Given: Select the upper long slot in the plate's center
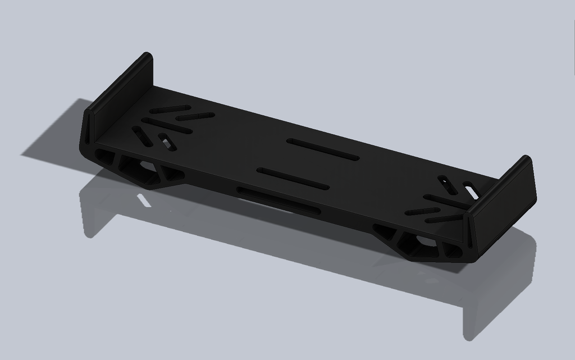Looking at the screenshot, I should point(322,149).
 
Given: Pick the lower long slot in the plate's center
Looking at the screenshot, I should point(293,178).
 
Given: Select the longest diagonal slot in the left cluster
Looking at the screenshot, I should point(167,125).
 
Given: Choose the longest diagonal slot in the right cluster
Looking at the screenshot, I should point(446,202).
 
